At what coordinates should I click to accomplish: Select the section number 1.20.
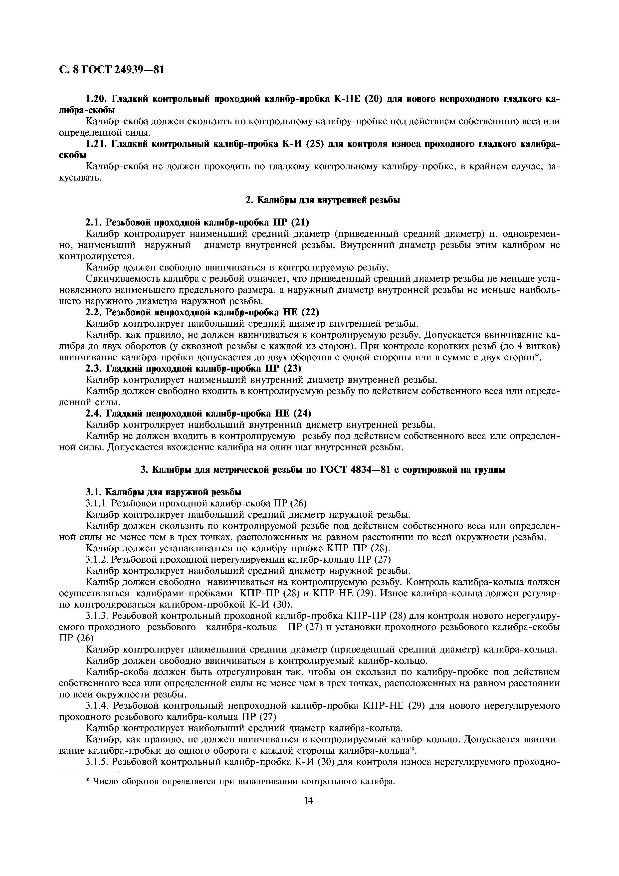(x=96, y=99)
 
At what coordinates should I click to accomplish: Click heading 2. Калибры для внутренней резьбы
(x=322, y=200)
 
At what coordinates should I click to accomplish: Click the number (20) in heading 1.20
(x=374, y=99)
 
